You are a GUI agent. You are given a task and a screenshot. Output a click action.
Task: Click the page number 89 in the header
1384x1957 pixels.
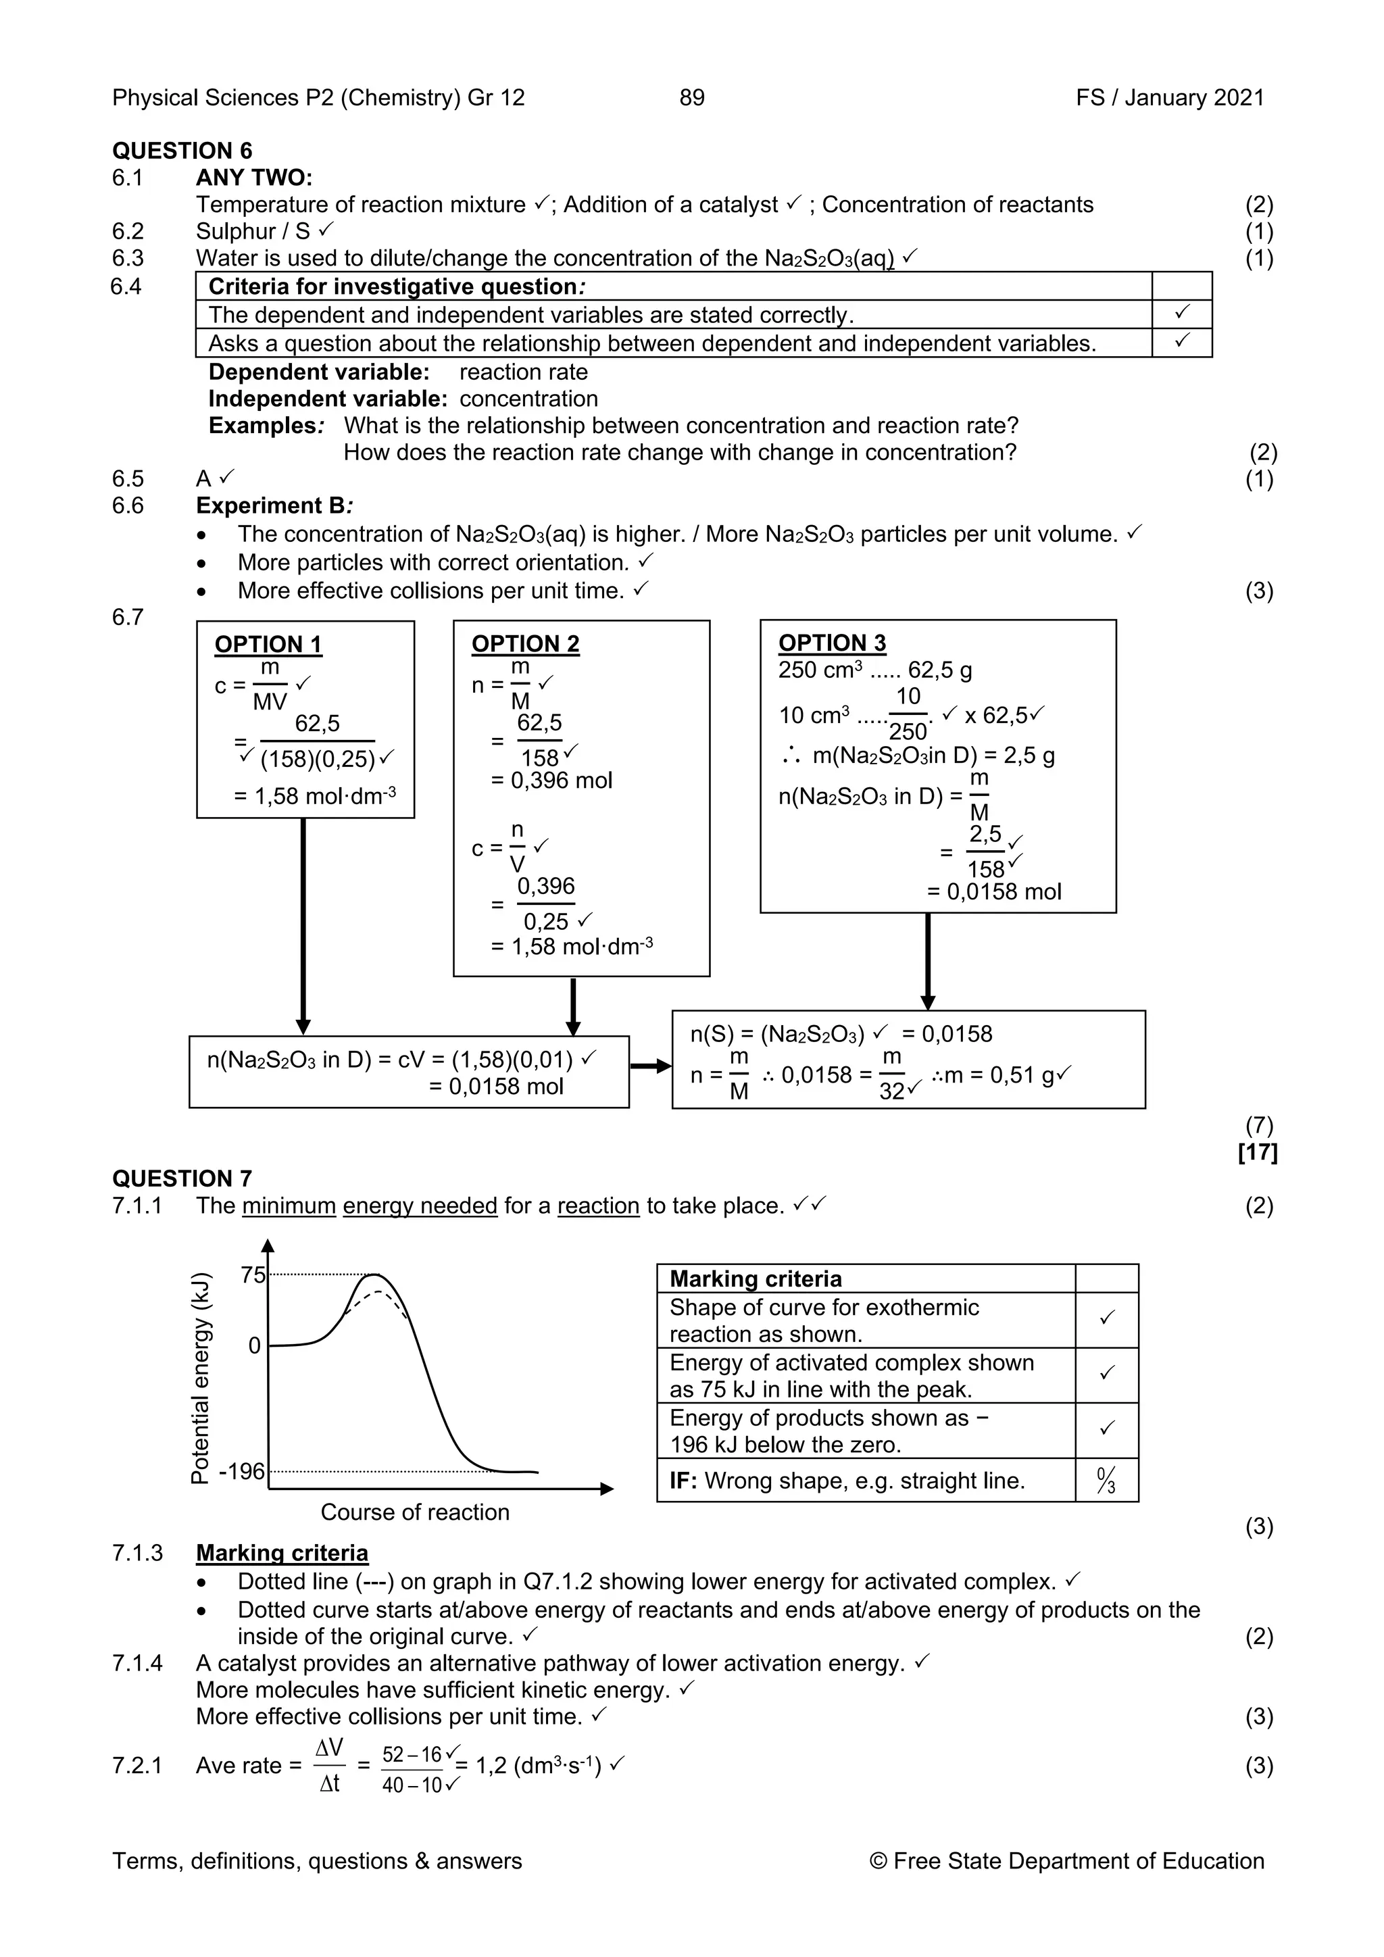pyautogui.click(x=691, y=97)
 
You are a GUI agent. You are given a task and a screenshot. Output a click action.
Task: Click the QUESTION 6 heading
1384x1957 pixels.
pyautogui.click(x=182, y=151)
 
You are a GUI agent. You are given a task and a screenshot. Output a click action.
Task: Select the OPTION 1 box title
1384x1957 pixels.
pyautogui.click(x=268, y=645)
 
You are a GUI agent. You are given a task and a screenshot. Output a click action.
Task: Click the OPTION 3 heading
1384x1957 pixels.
pyautogui.click(x=832, y=643)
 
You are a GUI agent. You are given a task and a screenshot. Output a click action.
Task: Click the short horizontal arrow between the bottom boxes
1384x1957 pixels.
pyautogui.click(x=650, y=1066)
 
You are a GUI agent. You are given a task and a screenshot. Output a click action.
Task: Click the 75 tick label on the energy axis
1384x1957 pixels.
pyautogui.click(x=253, y=1275)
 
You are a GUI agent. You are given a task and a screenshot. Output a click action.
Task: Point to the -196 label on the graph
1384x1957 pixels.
pyautogui.click(x=242, y=1471)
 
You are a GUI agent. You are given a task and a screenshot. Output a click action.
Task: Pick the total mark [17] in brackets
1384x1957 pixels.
pyautogui.click(x=1257, y=1152)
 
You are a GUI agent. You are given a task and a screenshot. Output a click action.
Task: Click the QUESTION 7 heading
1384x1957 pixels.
pyautogui.click(x=182, y=1179)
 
